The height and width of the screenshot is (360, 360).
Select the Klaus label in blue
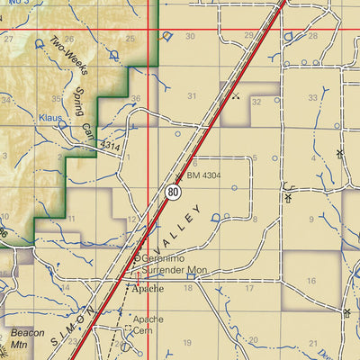click(50, 118)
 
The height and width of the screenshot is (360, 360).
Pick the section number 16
click(311, 282)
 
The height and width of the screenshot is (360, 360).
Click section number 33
click(312, 96)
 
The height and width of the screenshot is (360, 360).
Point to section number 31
click(191, 95)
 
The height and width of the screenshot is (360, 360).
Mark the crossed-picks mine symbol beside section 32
click(236, 94)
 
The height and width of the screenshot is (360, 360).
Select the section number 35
click(58, 99)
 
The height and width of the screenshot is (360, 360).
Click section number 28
click(313, 36)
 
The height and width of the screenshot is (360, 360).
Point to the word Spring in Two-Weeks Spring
click(80, 102)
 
